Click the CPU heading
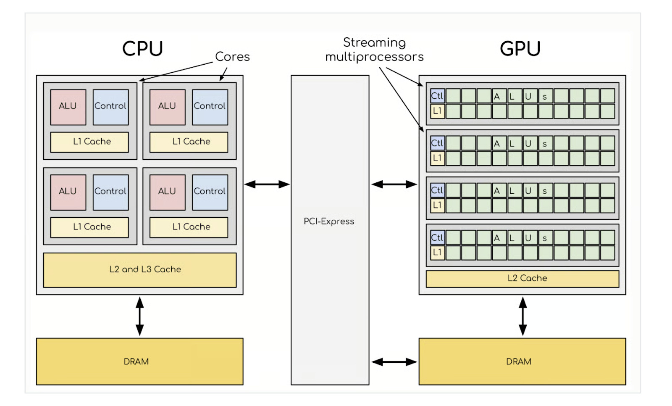pyautogui.click(x=142, y=49)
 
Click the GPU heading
pyautogui.click(x=520, y=49)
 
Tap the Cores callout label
pyautogui.click(x=232, y=57)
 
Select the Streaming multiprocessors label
pyautogui.click(x=374, y=50)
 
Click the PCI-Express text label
pyautogui.click(x=329, y=221)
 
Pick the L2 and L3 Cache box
pyautogui.click(x=140, y=270)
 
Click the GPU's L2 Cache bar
pyautogui.click(x=522, y=279)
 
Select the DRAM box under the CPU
pyautogui.click(x=139, y=361)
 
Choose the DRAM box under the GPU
pyautogui.click(x=522, y=361)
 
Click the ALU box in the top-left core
pyautogui.click(x=68, y=107)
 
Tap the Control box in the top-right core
pyautogui.click(x=210, y=107)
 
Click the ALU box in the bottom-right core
pyautogui.click(x=167, y=192)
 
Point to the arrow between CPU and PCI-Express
pyautogui.click(x=267, y=184)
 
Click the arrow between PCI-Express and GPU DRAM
pyautogui.click(x=394, y=362)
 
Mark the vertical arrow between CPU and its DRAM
pyautogui.click(x=140, y=316)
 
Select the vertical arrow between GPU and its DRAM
pyautogui.click(x=522, y=316)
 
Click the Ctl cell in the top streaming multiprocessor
pyautogui.click(x=437, y=96)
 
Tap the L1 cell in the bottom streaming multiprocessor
pyautogui.click(x=437, y=253)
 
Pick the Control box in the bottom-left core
pyautogui.click(x=110, y=192)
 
